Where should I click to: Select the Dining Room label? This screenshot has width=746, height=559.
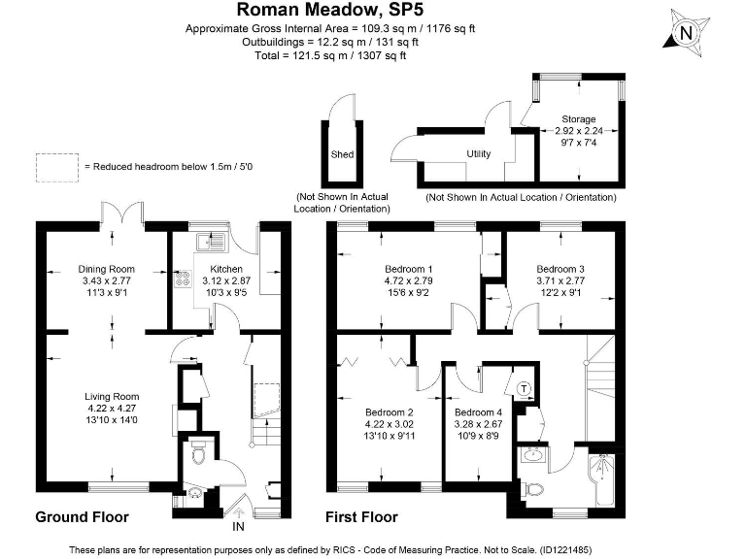click(x=106, y=269)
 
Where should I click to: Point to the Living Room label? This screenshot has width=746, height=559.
click(x=112, y=396)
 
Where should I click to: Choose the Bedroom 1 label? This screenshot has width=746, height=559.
click(x=409, y=269)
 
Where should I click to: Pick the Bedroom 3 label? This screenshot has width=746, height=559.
click(x=560, y=269)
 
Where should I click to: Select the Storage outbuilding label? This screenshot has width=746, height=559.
click(x=579, y=119)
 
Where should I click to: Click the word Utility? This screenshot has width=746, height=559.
click(x=479, y=154)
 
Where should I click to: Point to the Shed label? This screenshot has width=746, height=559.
click(x=342, y=154)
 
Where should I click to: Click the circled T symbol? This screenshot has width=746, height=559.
click(x=526, y=389)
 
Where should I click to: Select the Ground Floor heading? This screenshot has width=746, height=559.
click(x=82, y=516)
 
